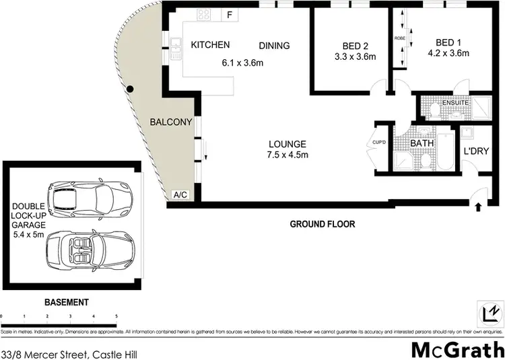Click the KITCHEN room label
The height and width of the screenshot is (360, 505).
(210, 45)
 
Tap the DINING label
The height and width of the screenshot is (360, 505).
(274, 46)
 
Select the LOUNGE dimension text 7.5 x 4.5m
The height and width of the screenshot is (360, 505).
(288, 155)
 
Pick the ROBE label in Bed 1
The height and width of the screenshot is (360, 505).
(399, 39)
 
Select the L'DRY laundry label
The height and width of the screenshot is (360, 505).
(476, 151)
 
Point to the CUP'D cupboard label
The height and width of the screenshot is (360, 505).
(378, 143)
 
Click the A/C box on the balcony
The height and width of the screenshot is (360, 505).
(180, 195)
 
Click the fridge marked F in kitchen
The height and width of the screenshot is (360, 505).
(230, 15)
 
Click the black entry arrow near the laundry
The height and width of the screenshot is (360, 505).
(478, 207)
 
